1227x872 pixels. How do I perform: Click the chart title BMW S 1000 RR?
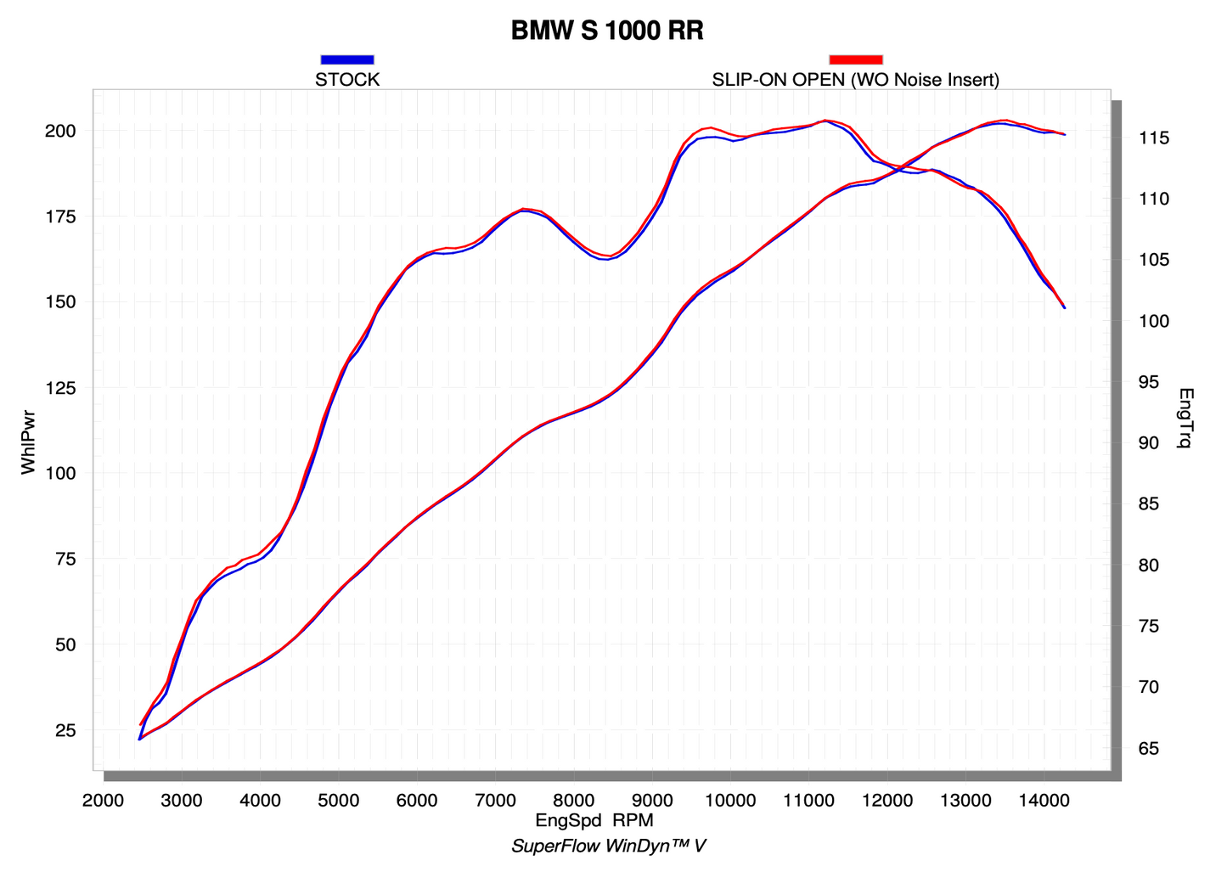click(x=606, y=31)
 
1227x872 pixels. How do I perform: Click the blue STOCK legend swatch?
click(x=347, y=59)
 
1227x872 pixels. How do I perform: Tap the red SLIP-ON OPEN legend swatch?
click(x=855, y=59)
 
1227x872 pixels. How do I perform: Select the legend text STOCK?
click(x=347, y=80)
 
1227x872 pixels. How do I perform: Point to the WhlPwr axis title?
click(x=29, y=441)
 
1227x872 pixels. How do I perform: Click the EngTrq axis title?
click(x=1186, y=418)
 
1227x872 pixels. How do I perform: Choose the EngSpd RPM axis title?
click(x=594, y=820)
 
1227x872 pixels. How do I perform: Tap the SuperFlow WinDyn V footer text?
click(x=608, y=847)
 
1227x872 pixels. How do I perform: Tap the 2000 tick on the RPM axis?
click(x=103, y=800)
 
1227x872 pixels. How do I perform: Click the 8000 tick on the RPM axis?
click(x=574, y=800)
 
